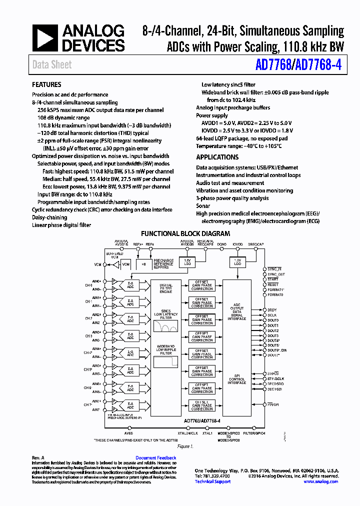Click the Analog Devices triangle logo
45,39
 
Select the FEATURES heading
46,84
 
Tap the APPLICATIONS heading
217,157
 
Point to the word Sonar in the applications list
203,205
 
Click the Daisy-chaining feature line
49,217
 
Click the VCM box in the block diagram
125,263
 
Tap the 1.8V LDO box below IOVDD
237,262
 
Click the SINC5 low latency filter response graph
165,326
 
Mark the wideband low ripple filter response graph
165,361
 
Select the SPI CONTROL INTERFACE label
237,379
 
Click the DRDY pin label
272,310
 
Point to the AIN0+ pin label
96,281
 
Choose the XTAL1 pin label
207,433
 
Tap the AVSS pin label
129,433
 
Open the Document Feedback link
155,458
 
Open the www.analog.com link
320,481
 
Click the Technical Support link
212,481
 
